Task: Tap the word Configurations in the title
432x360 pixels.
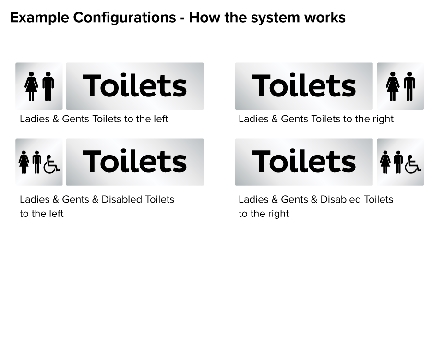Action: [x=124, y=18]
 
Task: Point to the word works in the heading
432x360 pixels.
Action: [x=325, y=18]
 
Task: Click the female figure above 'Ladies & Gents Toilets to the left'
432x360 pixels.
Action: [x=31, y=86]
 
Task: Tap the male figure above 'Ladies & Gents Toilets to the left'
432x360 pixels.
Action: [x=48, y=86]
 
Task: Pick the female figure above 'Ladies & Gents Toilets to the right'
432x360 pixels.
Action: [x=393, y=86]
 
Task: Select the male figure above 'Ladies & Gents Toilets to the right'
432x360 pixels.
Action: [x=409, y=86]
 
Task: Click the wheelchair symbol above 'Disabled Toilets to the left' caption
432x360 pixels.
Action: [x=51, y=164]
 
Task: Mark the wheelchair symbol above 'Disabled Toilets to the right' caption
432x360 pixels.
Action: [x=413, y=164]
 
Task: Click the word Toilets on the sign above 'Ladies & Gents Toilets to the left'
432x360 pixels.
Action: [x=135, y=86]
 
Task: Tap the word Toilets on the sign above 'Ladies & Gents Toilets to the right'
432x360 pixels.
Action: [x=304, y=86]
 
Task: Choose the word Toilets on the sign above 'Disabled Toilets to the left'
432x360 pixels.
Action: [x=135, y=162]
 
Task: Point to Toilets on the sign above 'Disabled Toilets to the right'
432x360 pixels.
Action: [x=304, y=162]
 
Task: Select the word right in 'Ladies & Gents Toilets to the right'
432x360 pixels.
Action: [x=383, y=119]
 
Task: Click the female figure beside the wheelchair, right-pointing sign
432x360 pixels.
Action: [x=385, y=162]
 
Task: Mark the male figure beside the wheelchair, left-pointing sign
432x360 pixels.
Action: [x=37, y=162]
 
